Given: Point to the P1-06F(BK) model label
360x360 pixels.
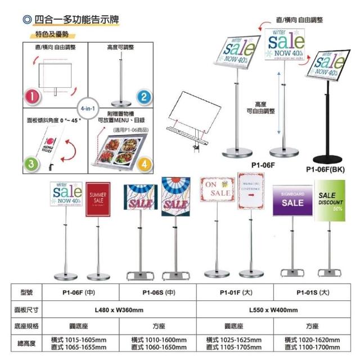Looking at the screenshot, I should (327, 168).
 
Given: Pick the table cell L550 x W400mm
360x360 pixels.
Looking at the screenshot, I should (274, 309).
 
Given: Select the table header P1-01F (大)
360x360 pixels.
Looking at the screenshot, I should (236, 292).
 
